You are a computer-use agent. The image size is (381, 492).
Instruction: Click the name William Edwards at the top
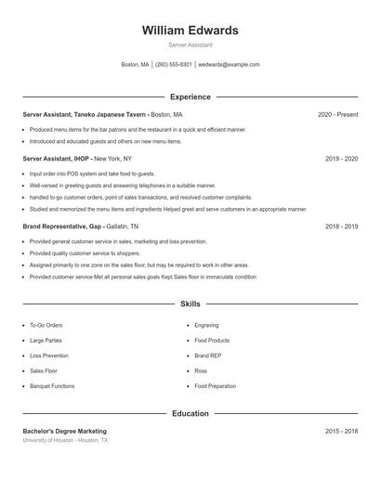tap(190, 31)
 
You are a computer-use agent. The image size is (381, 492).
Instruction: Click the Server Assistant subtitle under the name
tap(190, 45)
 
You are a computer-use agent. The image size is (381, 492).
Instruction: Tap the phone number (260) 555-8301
tap(173, 65)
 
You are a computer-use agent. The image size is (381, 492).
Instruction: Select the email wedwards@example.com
tap(229, 65)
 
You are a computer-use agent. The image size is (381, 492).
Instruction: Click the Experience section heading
tap(190, 97)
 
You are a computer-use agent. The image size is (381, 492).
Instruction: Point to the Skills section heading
tap(190, 304)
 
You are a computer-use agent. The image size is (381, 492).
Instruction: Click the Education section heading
tap(190, 413)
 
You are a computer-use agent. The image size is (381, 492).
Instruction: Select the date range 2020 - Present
tap(337, 114)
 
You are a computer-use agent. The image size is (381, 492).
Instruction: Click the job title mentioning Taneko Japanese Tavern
tap(85, 114)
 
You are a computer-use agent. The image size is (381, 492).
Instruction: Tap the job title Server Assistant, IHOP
tap(57, 159)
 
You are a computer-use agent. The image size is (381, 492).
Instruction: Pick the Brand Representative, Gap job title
tap(62, 226)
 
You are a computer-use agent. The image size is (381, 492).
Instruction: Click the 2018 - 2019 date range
tap(341, 226)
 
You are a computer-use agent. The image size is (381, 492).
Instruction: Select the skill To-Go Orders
tap(46, 326)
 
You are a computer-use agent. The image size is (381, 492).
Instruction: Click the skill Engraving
tap(206, 326)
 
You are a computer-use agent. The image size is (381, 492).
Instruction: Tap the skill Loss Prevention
tap(49, 356)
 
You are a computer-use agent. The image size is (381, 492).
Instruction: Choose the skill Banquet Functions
tap(52, 385)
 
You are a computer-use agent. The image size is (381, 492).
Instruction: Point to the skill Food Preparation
tap(215, 385)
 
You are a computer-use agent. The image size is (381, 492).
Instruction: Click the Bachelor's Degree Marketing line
tap(64, 431)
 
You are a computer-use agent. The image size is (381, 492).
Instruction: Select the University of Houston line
tap(65, 440)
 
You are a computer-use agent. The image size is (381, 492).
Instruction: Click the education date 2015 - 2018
tap(341, 431)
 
